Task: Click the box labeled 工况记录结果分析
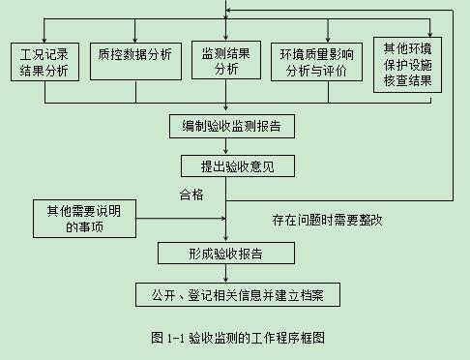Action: (44, 61)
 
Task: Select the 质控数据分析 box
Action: (134, 55)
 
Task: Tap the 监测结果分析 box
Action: (225, 61)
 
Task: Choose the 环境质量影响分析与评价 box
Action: (317, 61)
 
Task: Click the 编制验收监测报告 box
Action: (225, 126)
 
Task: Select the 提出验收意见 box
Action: (225, 165)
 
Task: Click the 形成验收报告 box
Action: (225, 253)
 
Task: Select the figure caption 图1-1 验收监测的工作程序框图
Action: (237, 338)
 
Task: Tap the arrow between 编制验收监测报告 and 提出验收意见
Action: (225, 146)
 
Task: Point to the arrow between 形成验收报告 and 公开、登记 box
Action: (225, 273)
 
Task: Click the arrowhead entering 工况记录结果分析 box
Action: (44, 38)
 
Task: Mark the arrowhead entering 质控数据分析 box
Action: (134, 38)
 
